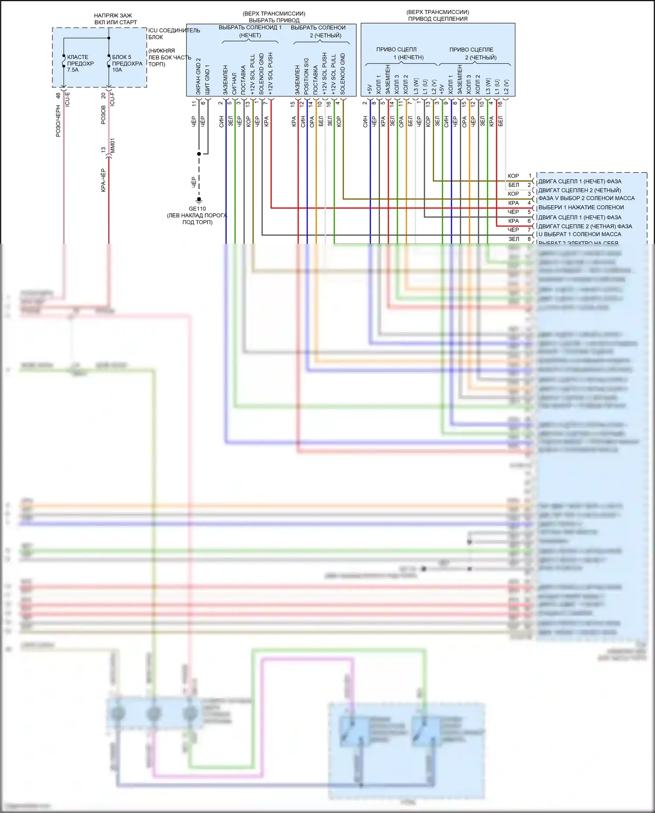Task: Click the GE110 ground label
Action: (x=197, y=209)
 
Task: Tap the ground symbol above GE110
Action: (x=199, y=200)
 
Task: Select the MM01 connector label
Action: (x=113, y=146)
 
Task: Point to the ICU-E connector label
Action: (x=68, y=99)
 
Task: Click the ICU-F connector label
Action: (x=113, y=99)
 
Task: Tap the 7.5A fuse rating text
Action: (x=73, y=70)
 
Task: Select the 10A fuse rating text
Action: (x=117, y=70)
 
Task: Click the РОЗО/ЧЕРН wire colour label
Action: (x=58, y=121)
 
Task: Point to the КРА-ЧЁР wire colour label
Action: (x=103, y=180)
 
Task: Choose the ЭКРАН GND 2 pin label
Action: (x=198, y=76)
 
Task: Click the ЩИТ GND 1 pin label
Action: (x=207, y=80)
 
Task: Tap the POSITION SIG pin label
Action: (x=307, y=76)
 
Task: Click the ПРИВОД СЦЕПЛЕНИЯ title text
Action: (x=438, y=19)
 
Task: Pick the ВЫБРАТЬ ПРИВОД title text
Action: (x=274, y=20)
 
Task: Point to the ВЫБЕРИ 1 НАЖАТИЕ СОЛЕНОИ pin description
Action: (x=581, y=208)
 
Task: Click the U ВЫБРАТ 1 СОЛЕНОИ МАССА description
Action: (x=579, y=234)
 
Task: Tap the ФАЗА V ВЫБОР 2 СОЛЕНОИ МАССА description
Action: (x=586, y=198)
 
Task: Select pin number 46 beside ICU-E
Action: (x=58, y=96)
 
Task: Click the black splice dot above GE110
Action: (x=199, y=154)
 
